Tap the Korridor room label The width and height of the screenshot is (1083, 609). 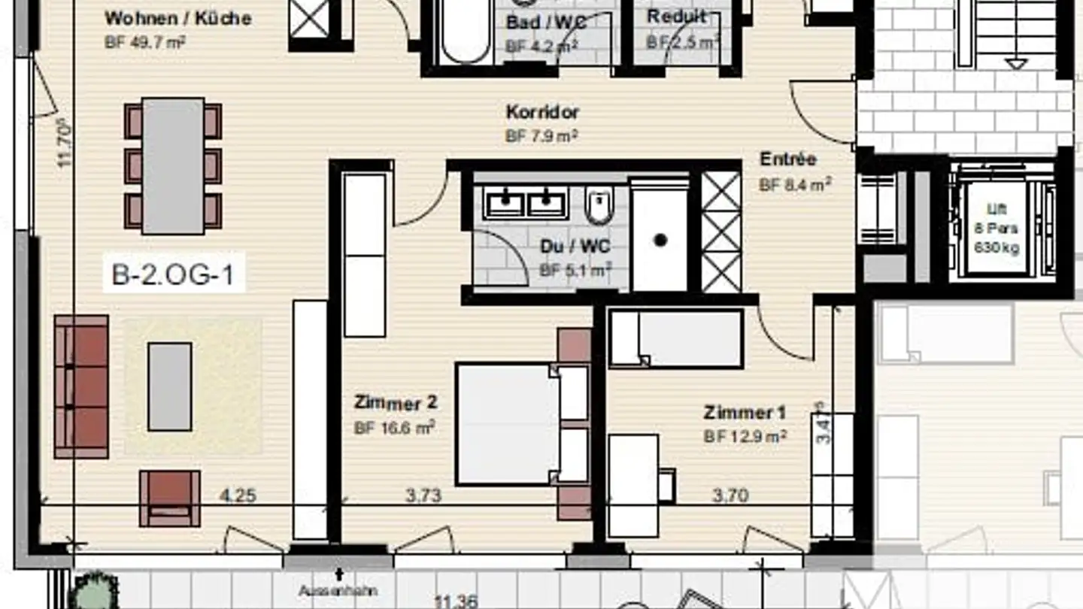[542, 113]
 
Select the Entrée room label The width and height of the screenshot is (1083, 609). [788, 159]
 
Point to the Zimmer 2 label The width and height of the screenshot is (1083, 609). [395, 404]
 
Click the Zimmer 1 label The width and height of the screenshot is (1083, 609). [745, 413]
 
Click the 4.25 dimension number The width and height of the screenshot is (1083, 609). [238, 495]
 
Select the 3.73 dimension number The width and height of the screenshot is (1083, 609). [423, 495]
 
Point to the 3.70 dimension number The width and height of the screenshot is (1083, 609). [730, 495]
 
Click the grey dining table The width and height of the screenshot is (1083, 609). [173, 165]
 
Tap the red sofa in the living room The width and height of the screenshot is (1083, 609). [81, 386]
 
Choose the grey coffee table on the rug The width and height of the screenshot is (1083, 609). [169, 386]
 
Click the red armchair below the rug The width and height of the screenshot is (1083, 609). [170, 498]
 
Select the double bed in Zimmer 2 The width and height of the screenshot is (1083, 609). [508, 423]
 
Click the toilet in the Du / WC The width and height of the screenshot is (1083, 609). [599, 207]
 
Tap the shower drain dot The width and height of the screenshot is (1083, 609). [660, 241]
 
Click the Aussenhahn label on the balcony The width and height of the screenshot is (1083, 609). [338, 591]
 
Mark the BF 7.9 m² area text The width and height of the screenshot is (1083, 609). [541, 136]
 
